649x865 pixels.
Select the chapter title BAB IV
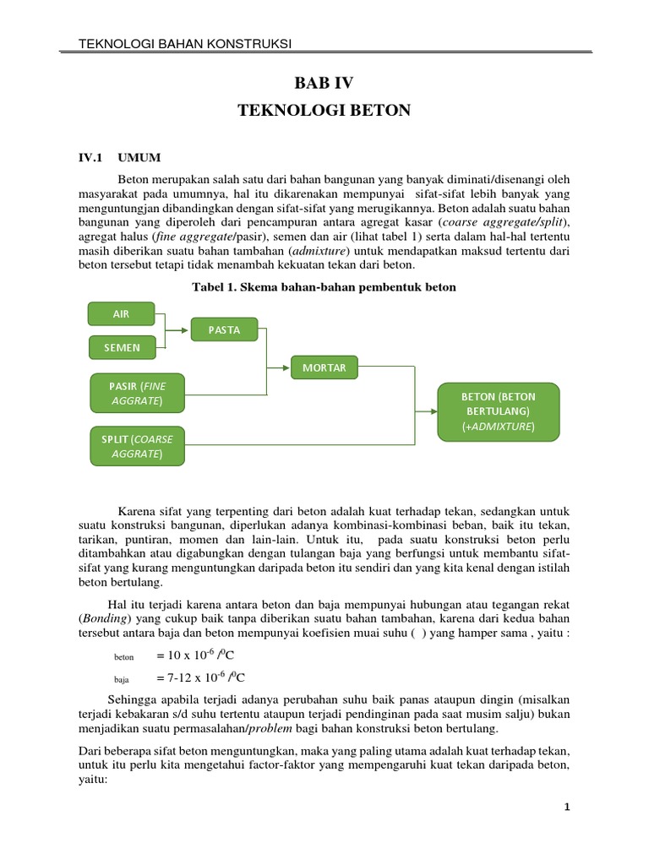coord(324,83)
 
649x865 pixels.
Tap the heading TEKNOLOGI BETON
coord(324,111)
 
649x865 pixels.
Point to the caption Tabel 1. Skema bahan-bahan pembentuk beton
coord(324,287)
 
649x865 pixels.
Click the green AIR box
coord(122,313)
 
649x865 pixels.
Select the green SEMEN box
coord(122,346)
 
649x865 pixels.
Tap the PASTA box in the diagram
coord(224,330)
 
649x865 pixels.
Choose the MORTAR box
coord(324,367)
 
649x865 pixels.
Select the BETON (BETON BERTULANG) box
coord(498,411)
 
